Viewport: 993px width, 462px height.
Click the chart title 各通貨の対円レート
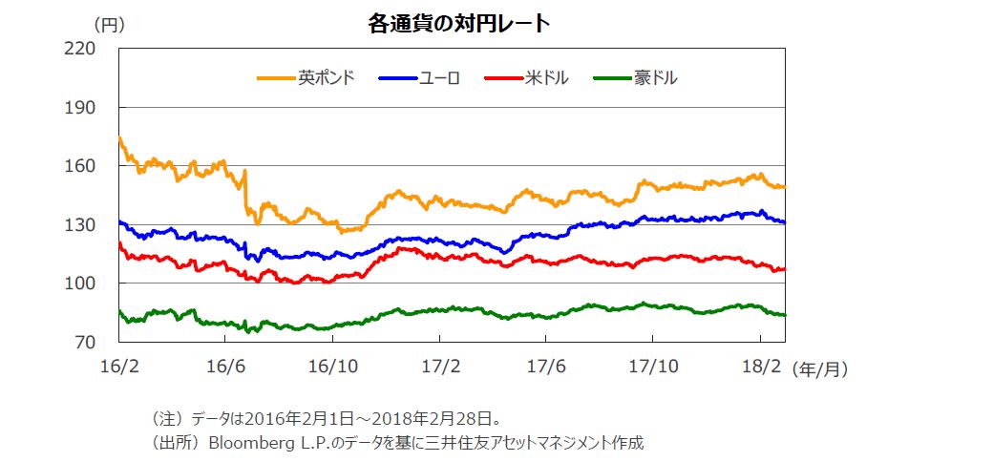(x=458, y=24)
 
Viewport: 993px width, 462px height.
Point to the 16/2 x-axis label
(x=118, y=365)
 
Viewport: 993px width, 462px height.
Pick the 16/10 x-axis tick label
(x=332, y=365)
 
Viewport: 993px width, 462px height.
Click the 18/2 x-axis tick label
(x=760, y=365)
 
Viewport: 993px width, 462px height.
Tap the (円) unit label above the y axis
(x=109, y=24)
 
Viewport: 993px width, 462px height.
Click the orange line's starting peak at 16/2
(x=119, y=138)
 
